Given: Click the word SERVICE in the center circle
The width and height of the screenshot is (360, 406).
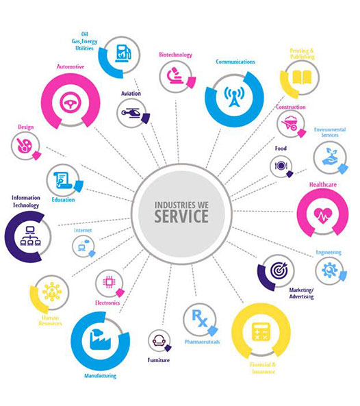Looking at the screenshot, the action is click(181, 216).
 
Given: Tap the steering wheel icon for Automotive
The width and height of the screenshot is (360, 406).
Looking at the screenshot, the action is click(70, 102).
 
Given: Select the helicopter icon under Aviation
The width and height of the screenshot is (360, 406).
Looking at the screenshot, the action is click(131, 113).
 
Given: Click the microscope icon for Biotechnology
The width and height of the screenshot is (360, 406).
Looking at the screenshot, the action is click(175, 75).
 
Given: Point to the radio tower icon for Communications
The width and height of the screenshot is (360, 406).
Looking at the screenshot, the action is click(234, 97).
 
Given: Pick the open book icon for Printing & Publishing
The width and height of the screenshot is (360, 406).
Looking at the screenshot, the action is click(302, 77).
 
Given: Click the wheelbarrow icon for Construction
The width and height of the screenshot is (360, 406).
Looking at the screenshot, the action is click(291, 123).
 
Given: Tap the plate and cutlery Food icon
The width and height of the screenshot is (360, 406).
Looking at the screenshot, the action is click(281, 166).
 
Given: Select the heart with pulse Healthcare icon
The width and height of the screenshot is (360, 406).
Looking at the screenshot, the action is click(323, 216).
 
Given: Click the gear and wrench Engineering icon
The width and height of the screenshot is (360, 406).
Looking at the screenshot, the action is click(329, 270).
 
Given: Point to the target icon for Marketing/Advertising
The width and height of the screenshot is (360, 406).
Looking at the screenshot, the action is click(279, 270).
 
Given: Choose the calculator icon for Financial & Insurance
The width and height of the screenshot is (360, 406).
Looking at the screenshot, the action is click(261, 332).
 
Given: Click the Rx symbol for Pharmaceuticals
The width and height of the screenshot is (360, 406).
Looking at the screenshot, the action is click(200, 318).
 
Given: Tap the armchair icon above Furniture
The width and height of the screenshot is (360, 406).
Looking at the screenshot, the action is click(158, 340).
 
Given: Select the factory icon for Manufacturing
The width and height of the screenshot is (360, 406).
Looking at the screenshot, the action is click(100, 339).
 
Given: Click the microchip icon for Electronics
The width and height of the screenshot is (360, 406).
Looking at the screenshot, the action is click(109, 282).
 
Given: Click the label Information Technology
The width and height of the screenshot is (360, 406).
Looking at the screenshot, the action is click(26, 201).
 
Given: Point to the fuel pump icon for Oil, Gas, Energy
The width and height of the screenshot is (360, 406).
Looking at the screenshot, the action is click(123, 53).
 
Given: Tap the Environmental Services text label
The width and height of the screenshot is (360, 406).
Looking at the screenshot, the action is click(330, 132).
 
